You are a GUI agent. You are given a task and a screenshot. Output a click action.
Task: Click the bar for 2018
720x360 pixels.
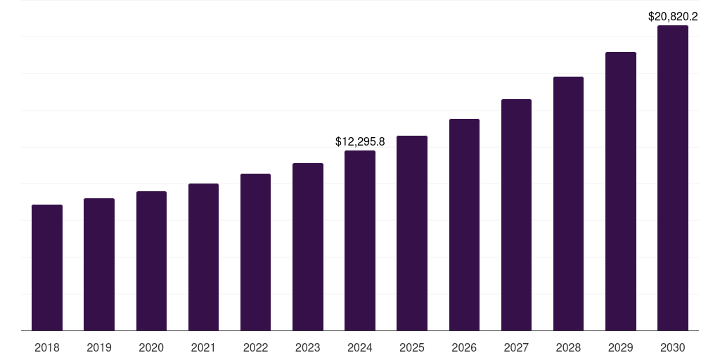(x=47, y=267)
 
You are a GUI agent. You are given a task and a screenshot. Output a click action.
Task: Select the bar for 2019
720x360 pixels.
(x=99, y=264)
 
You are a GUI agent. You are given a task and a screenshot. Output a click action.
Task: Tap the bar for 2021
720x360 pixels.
(x=203, y=257)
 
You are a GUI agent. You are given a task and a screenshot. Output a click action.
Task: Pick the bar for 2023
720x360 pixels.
(x=308, y=247)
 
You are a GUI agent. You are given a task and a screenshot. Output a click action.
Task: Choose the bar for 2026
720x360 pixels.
(x=464, y=224)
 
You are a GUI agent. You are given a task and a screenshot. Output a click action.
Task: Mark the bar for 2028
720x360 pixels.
(x=568, y=203)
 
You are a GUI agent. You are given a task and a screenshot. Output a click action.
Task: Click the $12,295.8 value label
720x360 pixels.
(x=360, y=142)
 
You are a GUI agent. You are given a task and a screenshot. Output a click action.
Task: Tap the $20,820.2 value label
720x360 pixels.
(x=673, y=16)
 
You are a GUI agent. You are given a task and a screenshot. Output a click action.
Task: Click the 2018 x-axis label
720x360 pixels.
(x=47, y=347)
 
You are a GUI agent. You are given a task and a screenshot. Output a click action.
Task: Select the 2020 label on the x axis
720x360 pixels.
(x=151, y=347)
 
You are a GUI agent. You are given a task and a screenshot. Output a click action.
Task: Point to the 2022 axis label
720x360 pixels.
(x=255, y=347)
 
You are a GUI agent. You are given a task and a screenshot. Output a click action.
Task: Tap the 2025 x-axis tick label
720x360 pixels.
(x=412, y=347)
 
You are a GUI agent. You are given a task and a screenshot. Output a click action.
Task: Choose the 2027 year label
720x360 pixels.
(x=516, y=347)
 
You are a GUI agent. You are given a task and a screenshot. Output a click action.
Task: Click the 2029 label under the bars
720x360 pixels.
(x=621, y=347)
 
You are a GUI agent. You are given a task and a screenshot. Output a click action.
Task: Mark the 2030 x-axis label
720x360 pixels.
(x=673, y=347)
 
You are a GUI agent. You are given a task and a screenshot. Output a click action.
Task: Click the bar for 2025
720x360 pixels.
(x=412, y=233)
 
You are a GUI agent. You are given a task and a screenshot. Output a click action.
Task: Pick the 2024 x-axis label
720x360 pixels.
(x=360, y=347)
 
